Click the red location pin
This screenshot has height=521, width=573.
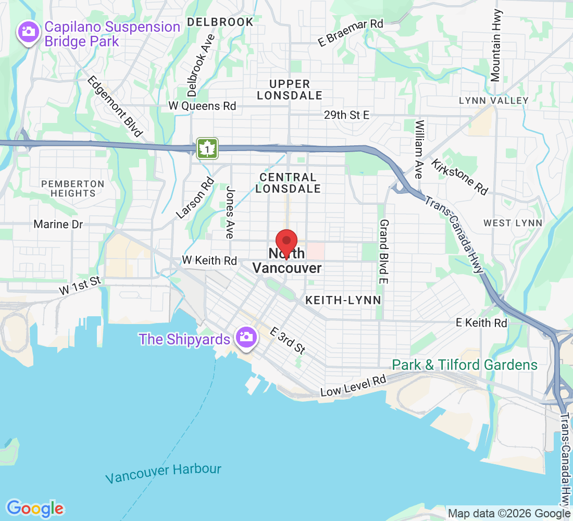tap(286, 242)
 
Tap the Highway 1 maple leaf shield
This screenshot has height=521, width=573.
tap(207, 148)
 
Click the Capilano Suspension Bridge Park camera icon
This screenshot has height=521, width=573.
tap(28, 32)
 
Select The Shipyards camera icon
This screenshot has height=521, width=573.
tap(244, 337)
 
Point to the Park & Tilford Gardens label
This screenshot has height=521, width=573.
tap(465, 365)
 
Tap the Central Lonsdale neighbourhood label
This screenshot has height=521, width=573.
tap(288, 183)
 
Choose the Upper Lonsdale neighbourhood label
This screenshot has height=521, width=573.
tap(290, 90)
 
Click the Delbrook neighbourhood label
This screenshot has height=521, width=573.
tap(220, 22)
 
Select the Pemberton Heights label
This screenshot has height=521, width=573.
tap(73, 189)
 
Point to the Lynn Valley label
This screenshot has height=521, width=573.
tap(493, 101)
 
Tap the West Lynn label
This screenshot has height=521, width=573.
tap(513, 223)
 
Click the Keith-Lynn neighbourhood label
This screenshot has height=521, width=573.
tap(343, 300)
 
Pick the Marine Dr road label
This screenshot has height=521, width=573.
tap(58, 225)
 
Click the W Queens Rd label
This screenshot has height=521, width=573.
tap(202, 106)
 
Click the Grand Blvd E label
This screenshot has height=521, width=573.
tap(384, 252)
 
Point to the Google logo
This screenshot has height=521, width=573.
tap(35, 508)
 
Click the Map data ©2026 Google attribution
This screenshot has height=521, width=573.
tap(509, 514)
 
